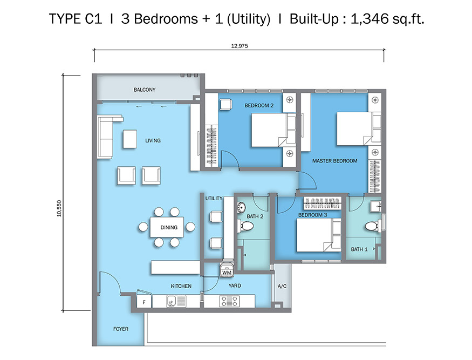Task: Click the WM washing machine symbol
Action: coord(227,269)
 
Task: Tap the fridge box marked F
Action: coord(144,302)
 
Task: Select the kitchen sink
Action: coord(176,301)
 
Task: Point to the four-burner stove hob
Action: coord(230,301)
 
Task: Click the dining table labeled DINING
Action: coord(167,227)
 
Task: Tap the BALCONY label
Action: coord(145,90)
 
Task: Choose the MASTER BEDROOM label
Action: coord(335,161)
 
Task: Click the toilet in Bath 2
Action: coord(245,226)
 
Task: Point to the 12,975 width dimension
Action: coord(240,46)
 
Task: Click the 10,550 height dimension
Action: coord(59,208)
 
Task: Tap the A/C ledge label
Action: coord(282,286)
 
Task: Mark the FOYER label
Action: coord(121,329)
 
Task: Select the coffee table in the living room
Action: coord(130,139)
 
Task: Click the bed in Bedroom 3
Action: coord(319,235)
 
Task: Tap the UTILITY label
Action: coord(214,198)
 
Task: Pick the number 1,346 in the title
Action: coord(370,19)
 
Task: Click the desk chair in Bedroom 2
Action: coord(226,105)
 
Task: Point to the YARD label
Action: coord(235,286)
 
